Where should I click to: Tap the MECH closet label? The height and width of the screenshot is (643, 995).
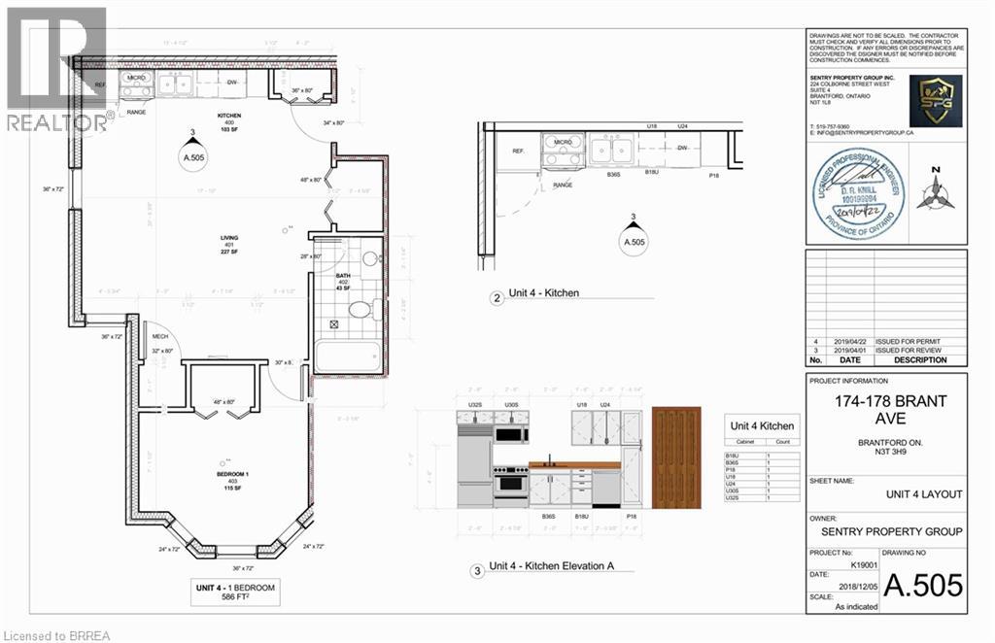[160, 336]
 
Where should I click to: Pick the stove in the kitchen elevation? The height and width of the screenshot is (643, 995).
[511, 481]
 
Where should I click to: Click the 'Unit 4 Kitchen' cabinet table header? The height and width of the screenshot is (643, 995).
[762, 425]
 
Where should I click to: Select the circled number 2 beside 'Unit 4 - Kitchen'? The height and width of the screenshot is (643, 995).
[497, 299]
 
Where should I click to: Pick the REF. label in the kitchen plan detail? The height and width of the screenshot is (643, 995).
[517, 152]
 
